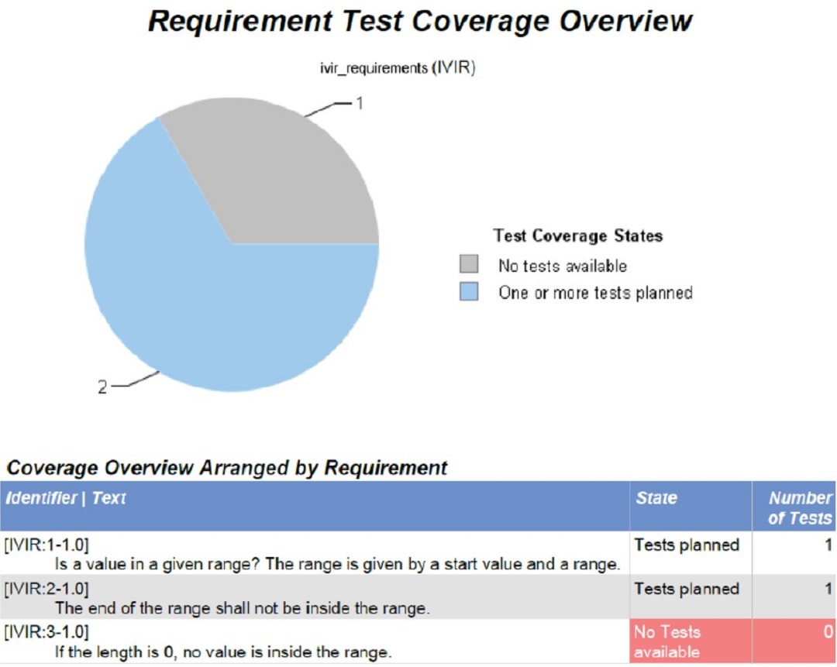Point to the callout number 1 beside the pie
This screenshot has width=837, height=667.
coord(360,103)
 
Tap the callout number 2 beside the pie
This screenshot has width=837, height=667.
coord(102,387)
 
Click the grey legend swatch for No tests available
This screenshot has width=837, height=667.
coord(469,264)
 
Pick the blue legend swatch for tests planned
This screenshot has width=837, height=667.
coord(469,292)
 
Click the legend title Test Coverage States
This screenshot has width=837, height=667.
coord(578,236)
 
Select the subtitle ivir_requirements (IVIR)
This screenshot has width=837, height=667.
coord(398,68)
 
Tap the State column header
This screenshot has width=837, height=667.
coord(656,498)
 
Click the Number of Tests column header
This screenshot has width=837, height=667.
coord(800,507)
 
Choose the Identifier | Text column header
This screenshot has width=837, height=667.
coord(66,498)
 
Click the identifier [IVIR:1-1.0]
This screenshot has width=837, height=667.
coord(46,545)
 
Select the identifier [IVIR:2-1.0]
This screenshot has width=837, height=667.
coord(46,589)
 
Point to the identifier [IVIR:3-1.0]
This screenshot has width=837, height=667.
coord(46,632)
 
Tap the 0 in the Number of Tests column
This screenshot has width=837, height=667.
coord(828,632)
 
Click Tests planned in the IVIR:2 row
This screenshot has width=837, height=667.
coord(687,589)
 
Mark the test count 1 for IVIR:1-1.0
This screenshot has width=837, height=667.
coord(828,545)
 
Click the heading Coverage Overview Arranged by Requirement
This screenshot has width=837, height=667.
coord(227,467)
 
